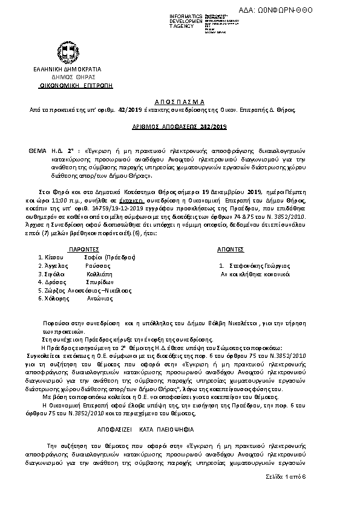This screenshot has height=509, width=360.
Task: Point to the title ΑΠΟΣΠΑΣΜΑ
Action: tap(180, 102)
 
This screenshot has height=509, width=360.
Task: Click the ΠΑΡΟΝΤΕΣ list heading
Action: tap(82, 248)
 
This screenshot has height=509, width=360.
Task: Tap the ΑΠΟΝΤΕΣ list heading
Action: tap(230, 248)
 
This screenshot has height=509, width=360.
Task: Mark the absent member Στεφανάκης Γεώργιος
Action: tap(260, 265)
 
